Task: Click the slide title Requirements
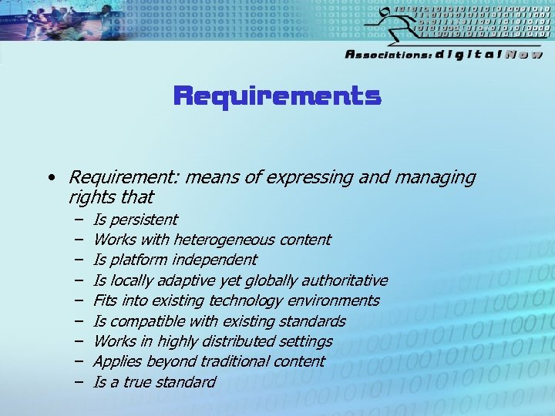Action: click(x=277, y=96)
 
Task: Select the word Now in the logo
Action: click(x=523, y=55)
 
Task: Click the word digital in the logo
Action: click(x=467, y=55)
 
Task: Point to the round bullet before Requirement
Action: click(x=50, y=178)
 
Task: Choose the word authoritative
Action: click(x=344, y=280)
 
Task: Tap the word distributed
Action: click(x=234, y=341)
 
